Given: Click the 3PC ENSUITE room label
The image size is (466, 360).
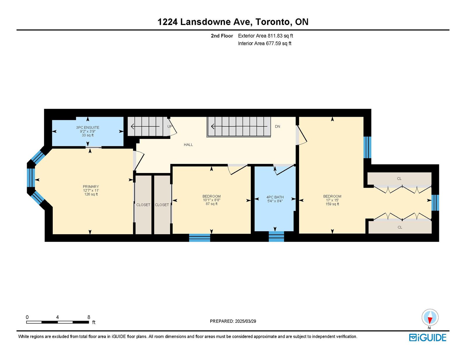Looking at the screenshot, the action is click(x=87, y=127).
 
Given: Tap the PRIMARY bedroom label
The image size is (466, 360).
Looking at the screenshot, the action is click(x=91, y=186).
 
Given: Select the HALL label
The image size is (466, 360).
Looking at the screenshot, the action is click(x=188, y=145).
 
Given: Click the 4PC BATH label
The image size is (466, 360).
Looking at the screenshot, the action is click(x=275, y=197).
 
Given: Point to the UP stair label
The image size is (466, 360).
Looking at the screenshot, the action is click(x=170, y=126).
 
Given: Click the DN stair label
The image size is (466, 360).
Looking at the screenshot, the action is click(x=278, y=126).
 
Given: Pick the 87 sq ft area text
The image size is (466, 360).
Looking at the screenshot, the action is click(x=211, y=204).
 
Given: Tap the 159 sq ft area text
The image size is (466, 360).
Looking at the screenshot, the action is click(x=332, y=204).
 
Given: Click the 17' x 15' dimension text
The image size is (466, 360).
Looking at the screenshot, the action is click(x=332, y=200).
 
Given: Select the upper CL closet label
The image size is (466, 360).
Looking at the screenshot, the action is click(x=399, y=179).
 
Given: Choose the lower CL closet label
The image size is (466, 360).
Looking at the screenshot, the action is click(x=400, y=227).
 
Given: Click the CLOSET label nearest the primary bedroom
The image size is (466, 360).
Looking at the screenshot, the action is click(x=143, y=205).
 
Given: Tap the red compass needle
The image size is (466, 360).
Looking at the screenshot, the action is click(x=430, y=320).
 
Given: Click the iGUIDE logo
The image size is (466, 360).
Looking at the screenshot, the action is click(x=428, y=338).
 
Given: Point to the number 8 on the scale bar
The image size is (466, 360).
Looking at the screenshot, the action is click(x=89, y=317).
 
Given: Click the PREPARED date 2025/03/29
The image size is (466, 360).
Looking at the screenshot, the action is click(x=246, y=321).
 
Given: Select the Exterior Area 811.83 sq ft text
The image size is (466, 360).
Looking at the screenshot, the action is click(x=266, y=36).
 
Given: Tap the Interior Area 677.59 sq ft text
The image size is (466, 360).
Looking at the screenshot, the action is click(x=265, y=43).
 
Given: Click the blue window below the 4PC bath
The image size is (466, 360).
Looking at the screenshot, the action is click(x=276, y=237).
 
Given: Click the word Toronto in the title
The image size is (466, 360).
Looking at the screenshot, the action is click(x=272, y=22).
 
